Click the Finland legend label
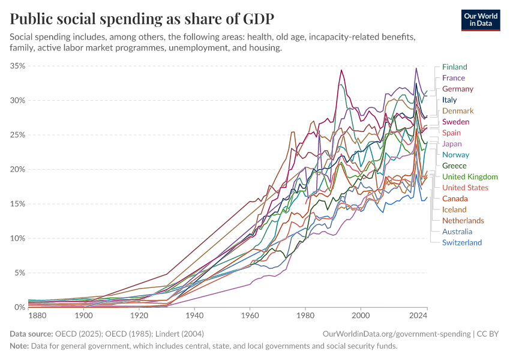coord(454,67)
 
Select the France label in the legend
coord(453,78)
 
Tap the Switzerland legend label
coord(461,242)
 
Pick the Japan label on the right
coord(452,144)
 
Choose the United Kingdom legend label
coord(470,176)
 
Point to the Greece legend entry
coord(454,166)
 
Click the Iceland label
coord(454,209)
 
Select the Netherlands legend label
coord(463,220)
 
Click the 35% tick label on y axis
coord(17,66)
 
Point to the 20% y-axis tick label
coord(17,169)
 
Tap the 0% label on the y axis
coord(20,307)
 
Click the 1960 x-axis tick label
coord(250,316)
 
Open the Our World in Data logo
coord(480,19)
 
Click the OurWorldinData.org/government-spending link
coord(395,334)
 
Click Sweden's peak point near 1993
coord(341,70)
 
